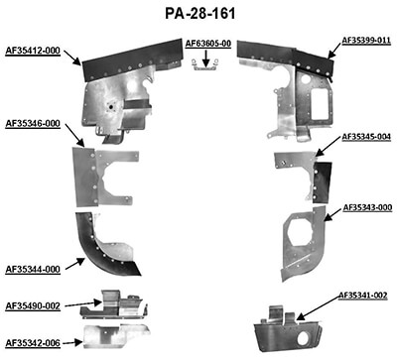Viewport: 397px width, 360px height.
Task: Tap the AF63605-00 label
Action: [208, 44]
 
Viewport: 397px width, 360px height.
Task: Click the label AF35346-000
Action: [33, 124]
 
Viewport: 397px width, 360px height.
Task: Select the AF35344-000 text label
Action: [33, 269]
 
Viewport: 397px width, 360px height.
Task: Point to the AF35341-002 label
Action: [362, 295]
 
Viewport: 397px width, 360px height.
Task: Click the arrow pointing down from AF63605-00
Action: [204, 56]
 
